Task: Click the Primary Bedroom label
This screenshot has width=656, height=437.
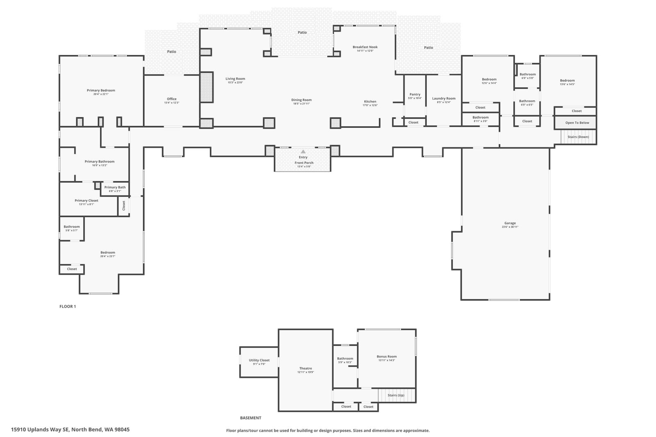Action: click(101, 90)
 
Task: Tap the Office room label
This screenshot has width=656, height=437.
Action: click(171, 99)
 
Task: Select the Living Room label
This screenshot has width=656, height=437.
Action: click(235, 79)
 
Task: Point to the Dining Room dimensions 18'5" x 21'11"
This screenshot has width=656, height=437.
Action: click(301, 104)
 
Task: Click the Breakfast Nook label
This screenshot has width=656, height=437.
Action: click(365, 47)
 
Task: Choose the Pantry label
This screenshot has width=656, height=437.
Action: click(415, 95)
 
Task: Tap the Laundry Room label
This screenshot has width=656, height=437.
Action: click(444, 98)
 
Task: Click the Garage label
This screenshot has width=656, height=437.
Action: click(510, 223)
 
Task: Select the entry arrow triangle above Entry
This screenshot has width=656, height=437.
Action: click(303, 152)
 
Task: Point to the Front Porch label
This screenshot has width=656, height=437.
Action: click(304, 163)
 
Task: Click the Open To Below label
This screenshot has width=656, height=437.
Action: click(577, 123)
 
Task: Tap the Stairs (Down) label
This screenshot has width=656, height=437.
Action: click(578, 137)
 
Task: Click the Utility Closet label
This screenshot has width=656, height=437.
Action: click(259, 360)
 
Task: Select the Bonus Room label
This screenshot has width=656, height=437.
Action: click(387, 356)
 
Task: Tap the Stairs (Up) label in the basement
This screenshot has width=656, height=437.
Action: click(396, 395)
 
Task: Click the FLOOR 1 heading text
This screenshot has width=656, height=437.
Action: click(68, 306)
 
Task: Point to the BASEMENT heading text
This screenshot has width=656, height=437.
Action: click(251, 418)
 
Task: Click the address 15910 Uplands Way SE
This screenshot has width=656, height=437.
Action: click(40, 430)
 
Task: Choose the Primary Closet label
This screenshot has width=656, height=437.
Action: click(86, 201)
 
